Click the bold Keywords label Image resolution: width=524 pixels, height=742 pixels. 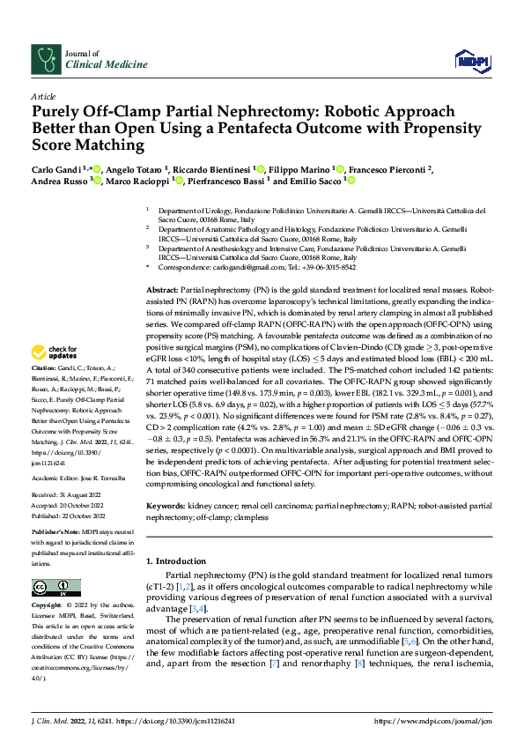(165, 507)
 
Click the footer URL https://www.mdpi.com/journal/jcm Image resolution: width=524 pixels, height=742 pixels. (433, 720)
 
